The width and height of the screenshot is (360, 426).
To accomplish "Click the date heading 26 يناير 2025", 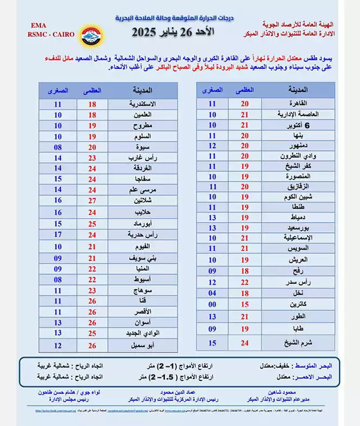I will point(172,32).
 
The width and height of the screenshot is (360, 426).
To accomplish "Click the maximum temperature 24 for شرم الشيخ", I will point(244,343).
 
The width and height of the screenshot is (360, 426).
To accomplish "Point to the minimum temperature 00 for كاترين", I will point(212,304).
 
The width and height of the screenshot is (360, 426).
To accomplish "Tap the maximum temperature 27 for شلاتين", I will point(92,200).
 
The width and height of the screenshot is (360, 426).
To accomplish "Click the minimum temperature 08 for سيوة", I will point(57,147).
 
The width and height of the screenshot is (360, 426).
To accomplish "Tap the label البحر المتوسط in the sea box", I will point(322,365).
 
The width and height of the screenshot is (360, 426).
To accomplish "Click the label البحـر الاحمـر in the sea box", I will point(322,376).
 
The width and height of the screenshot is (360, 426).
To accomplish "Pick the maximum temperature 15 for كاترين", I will point(244,304).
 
